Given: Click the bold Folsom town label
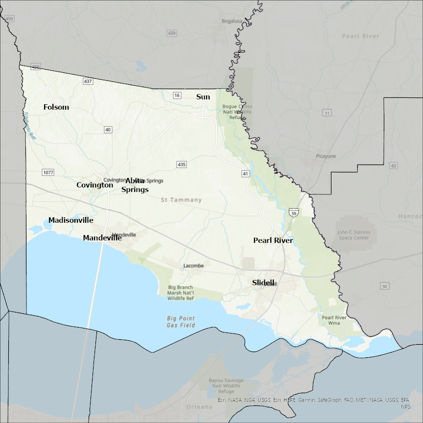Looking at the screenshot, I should click(56, 107).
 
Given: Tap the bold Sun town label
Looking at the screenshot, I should click(203, 97).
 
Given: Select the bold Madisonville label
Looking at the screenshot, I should click(70, 220).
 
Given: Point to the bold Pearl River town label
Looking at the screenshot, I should click(273, 240).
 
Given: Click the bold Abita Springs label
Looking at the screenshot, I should click(135, 185).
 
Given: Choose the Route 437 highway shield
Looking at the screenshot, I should click(88, 81).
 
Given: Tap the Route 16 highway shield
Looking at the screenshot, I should click(177, 95).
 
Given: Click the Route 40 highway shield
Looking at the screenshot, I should click(108, 129).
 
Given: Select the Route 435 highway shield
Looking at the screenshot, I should click(182, 164).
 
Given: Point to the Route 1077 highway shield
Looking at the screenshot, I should click(47, 172).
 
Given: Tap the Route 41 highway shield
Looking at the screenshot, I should click(246, 173).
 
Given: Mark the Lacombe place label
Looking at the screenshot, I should click(193, 266).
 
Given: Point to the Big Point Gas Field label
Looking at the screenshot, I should click(181, 322).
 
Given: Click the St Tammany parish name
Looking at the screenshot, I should click(181, 200).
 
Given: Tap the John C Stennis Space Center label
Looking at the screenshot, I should click(353, 235).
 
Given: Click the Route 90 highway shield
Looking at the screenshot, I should click(385, 285).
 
